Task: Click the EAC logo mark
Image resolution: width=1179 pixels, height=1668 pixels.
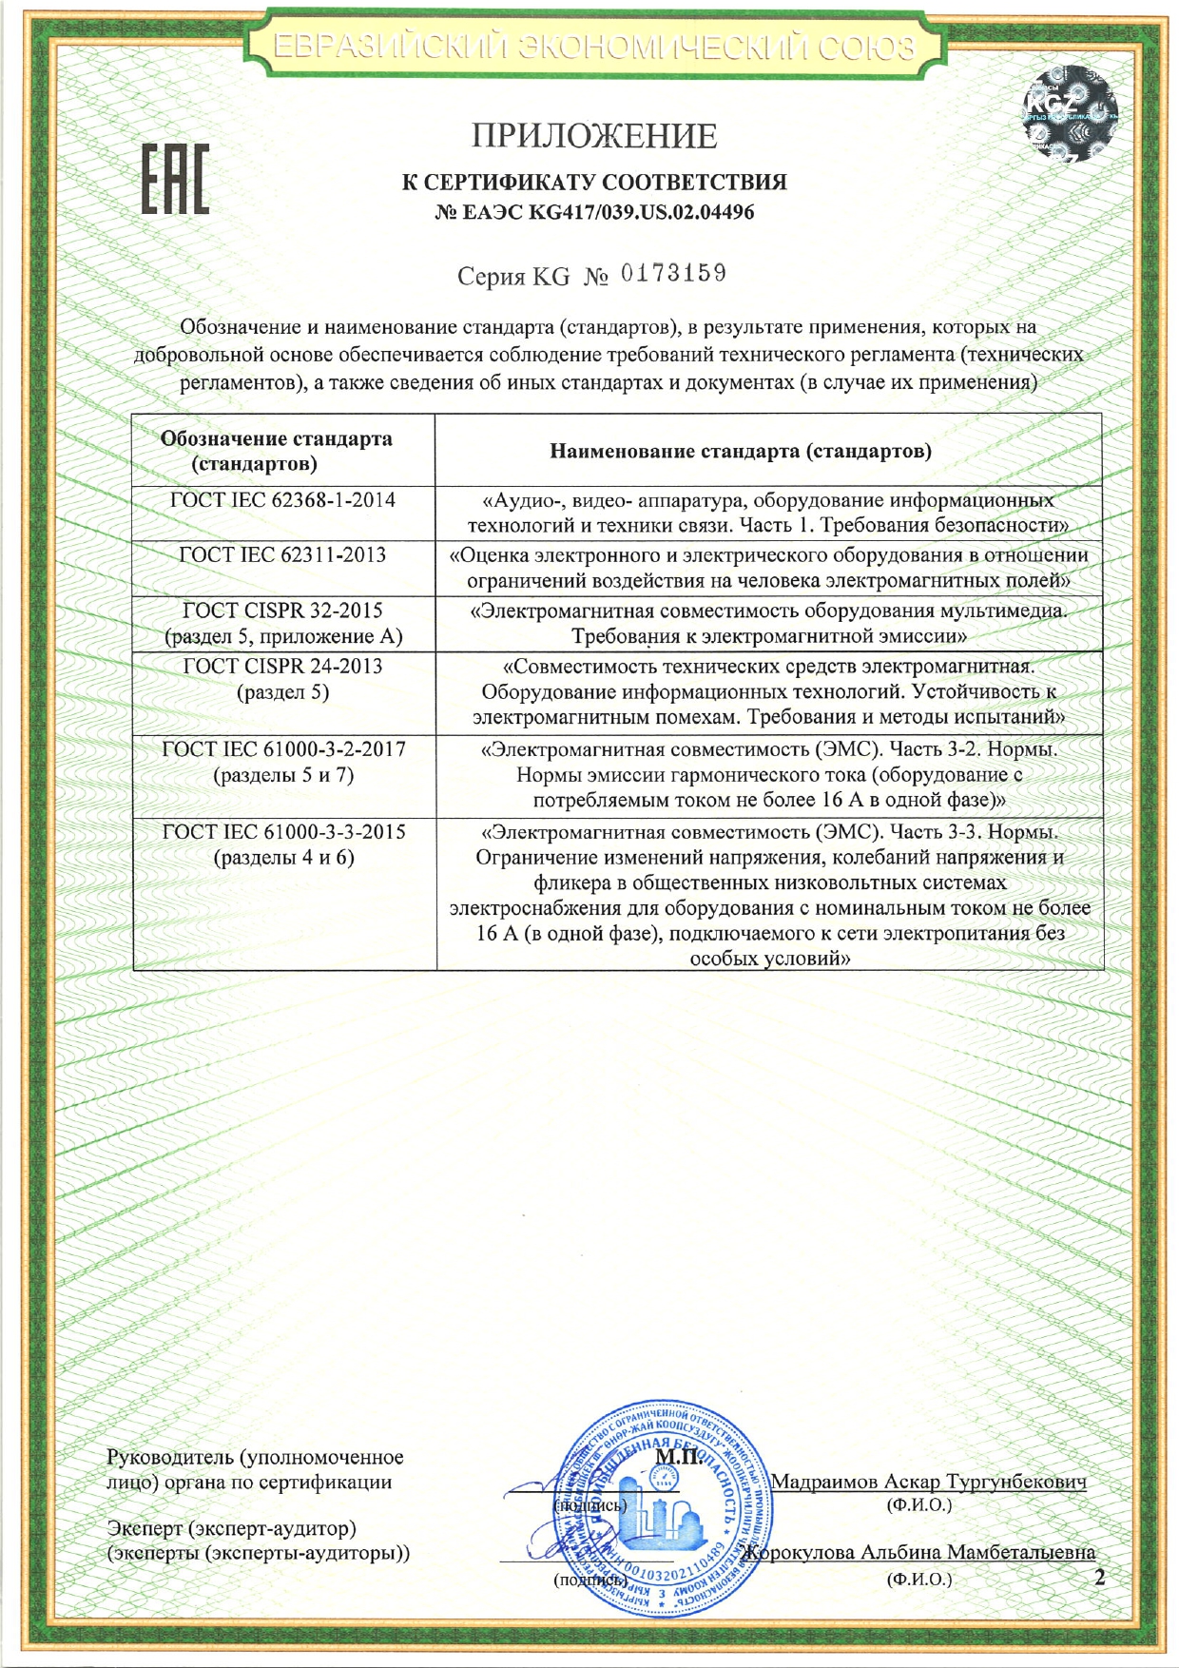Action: [176, 178]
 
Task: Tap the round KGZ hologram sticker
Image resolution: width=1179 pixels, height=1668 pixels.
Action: [1070, 113]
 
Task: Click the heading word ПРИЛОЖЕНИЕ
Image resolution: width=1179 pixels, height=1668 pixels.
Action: [594, 137]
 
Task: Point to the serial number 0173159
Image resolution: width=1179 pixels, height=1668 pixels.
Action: [673, 274]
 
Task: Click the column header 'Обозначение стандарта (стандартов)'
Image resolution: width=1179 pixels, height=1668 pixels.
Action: [277, 451]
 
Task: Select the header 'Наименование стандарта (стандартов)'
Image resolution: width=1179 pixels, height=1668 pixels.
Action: [741, 451]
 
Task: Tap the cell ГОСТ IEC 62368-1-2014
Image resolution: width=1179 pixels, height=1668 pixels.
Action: [282, 500]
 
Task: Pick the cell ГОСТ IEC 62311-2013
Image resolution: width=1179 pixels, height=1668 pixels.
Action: [282, 555]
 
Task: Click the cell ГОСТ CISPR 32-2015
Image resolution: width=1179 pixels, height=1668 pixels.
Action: [282, 611]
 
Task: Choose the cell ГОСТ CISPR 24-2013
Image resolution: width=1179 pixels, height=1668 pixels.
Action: [282, 666]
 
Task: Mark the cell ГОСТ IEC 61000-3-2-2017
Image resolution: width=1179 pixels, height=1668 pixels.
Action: [283, 749]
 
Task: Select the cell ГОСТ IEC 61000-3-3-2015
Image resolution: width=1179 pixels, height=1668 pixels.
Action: [283, 832]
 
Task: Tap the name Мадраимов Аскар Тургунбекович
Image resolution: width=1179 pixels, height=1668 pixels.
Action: [928, 1482]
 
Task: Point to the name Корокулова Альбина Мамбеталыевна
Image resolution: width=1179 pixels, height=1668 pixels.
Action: [919, 1552]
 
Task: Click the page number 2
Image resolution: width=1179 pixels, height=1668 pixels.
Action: [1100, 1578]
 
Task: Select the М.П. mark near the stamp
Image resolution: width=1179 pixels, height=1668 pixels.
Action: [678, 1457]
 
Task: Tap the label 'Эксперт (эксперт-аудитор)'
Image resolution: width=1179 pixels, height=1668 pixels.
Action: [232, 1528]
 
